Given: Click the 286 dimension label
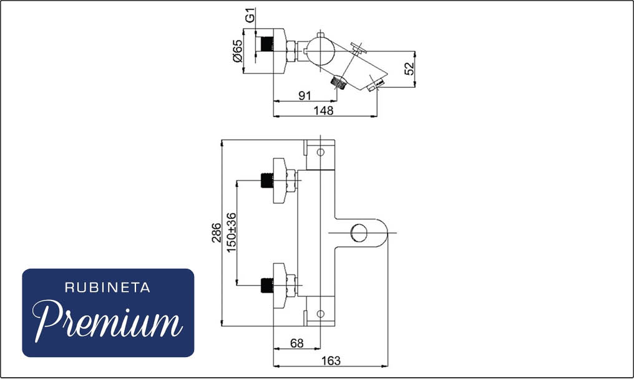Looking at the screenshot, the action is point(217,233).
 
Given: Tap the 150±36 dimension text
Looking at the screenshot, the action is point(232,233).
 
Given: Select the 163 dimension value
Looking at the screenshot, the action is point(331,360).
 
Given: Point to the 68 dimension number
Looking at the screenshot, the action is point(297,343).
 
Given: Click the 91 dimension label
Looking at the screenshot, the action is point(305,96).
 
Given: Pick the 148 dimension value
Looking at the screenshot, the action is point(324,110).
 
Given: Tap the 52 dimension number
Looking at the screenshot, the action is point(409,69).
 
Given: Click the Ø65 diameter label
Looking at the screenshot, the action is point(237,51).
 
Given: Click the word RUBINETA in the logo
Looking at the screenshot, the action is point(107,288).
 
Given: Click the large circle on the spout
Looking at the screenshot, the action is point(359,233).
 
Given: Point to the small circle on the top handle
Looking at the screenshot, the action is point(320,152).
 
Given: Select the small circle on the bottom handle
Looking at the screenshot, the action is point(320,314).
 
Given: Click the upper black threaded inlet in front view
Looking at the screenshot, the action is point(267,180).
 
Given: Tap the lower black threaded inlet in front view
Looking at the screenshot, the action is point(267,285).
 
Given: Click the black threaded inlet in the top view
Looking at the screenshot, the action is point(265,44).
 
